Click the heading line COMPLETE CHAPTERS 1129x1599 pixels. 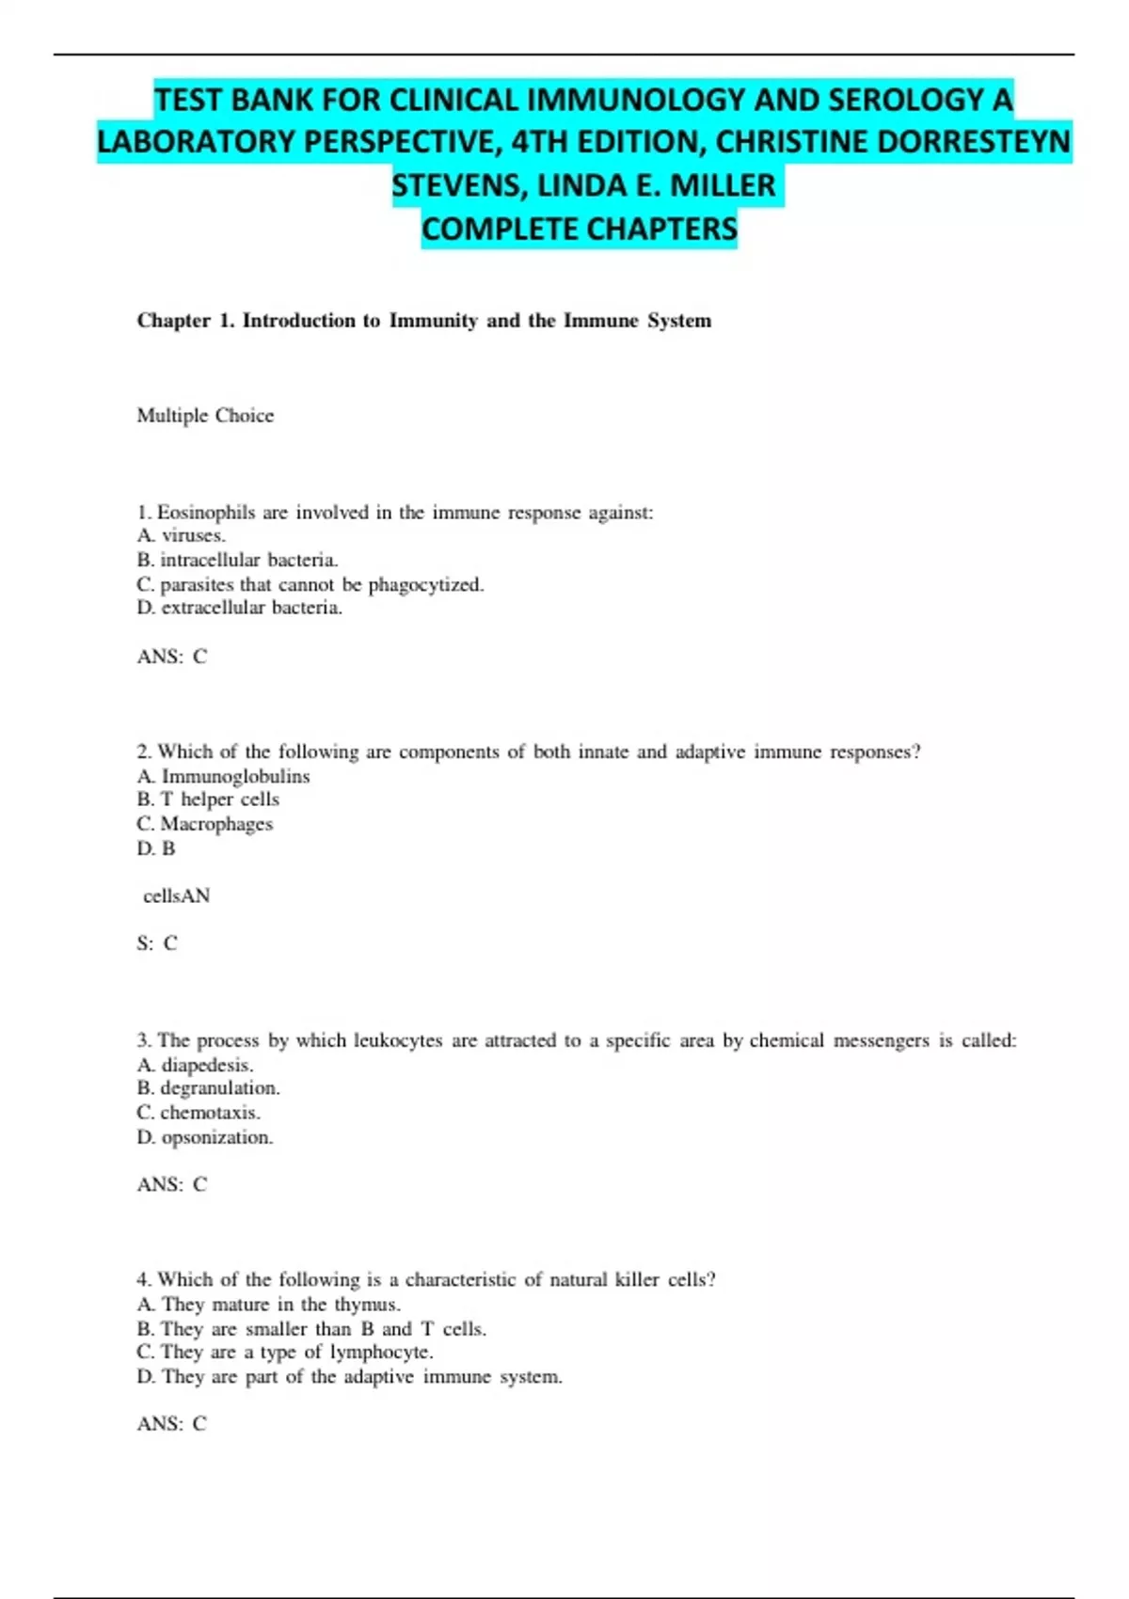point(579,229)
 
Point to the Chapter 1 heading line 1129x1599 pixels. point(423,321)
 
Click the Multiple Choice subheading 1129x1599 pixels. point(205,416)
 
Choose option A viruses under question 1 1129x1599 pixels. point(182,535)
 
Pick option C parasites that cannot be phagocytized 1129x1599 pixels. point(310,584)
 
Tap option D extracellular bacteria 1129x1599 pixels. point(240,608)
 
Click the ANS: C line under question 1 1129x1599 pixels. point(171,657)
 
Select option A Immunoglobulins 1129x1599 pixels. point(224,776)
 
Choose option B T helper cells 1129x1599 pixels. point(208,799)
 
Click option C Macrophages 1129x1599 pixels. point(205,824)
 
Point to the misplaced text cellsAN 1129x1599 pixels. point(176,896)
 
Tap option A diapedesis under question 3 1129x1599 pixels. point(196,1065)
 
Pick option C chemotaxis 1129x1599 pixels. point(199,1113)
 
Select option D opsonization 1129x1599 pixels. point(205,1137)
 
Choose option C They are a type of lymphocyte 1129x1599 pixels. point(285,1353)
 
